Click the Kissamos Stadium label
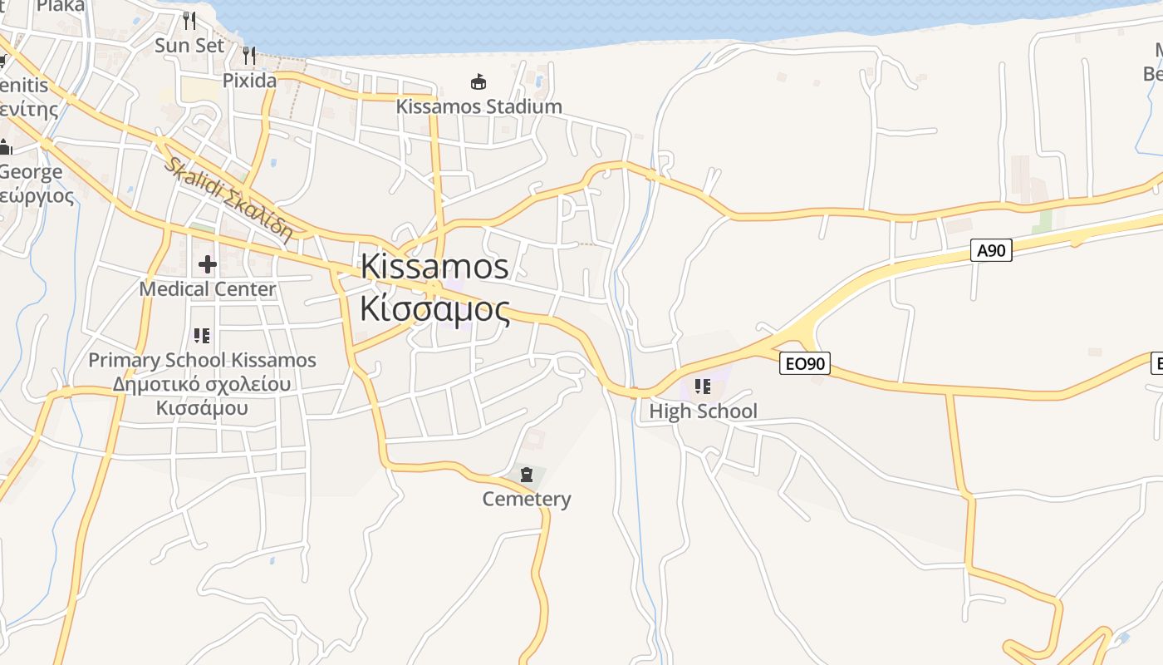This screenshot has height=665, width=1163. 478,106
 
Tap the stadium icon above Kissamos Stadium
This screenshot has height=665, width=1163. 478,81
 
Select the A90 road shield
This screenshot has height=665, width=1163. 991,250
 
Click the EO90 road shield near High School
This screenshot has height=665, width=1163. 805,362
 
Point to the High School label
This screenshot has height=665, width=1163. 703,411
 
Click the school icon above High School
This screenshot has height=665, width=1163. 703,386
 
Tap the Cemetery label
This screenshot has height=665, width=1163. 527,499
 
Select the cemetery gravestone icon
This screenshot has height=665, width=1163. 527,475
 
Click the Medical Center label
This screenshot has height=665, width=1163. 208,289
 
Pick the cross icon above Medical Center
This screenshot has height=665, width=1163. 208,264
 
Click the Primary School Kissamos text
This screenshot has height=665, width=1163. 203,360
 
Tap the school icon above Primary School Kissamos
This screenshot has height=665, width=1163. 202,335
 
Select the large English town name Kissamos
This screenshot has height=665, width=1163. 434,266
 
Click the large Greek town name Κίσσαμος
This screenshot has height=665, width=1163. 434,308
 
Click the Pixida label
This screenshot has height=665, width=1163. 249,81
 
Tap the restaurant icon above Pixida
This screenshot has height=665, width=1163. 249,56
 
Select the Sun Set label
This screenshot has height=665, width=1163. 189,45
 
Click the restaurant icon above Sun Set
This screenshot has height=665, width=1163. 189,20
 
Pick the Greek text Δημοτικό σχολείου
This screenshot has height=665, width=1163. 202,384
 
